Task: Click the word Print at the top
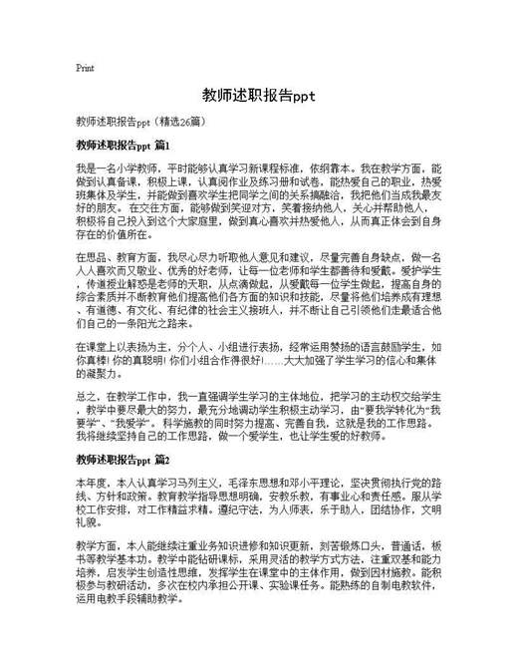85,69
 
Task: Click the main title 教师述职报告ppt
258,97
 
